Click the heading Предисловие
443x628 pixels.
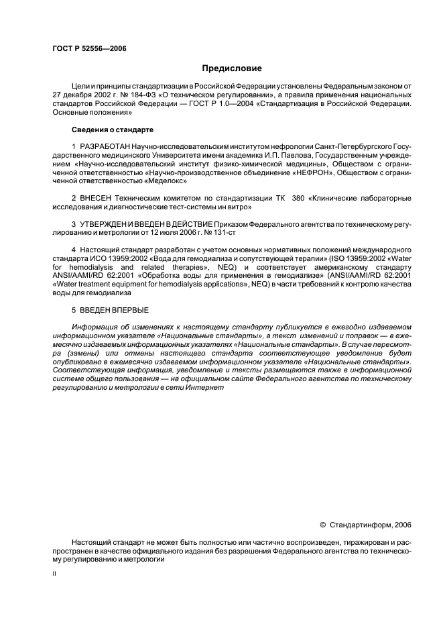coord(232,68)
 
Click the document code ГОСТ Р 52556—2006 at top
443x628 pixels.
coord(89,49)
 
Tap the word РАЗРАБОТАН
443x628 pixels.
coord(105,146)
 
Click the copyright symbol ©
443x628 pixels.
coord(322,525)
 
